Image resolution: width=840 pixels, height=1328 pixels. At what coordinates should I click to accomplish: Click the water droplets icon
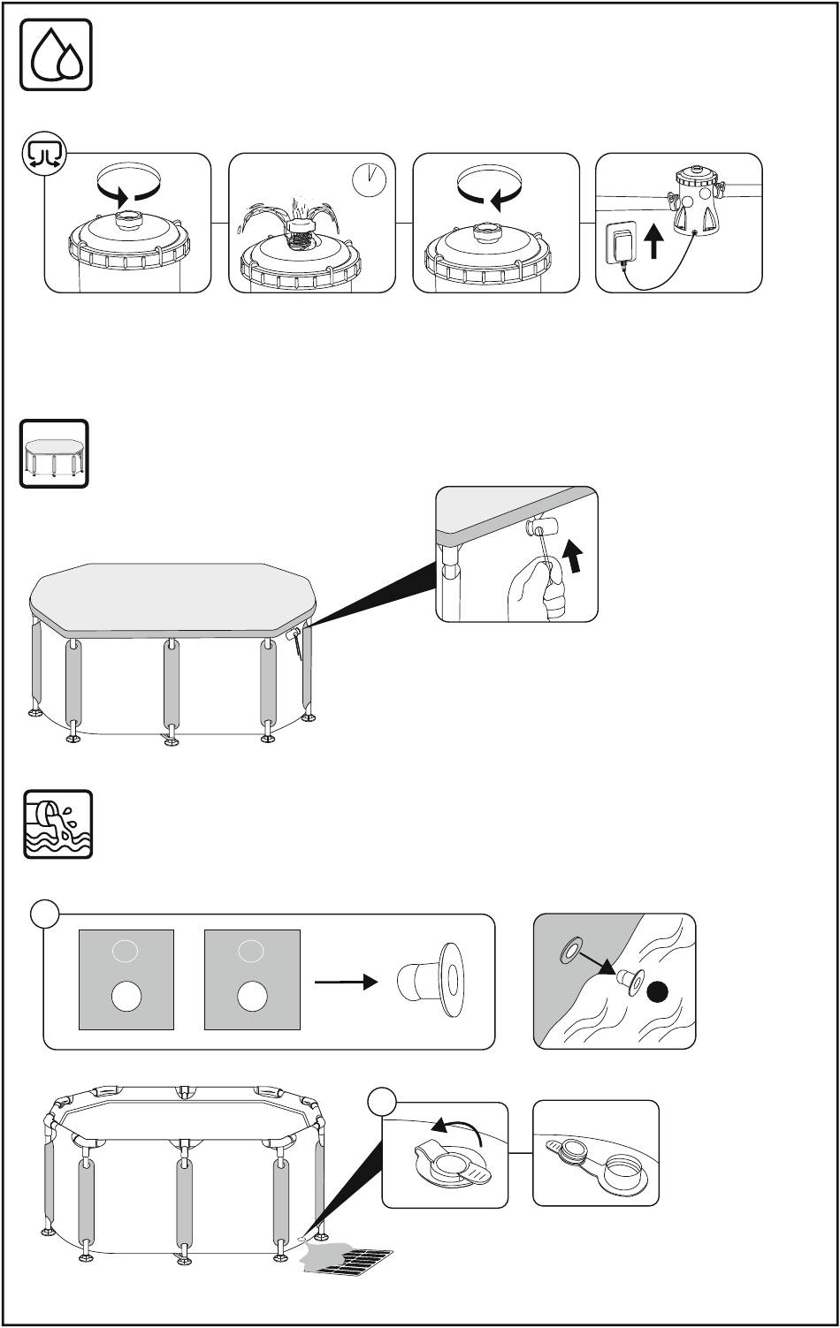point(56,54)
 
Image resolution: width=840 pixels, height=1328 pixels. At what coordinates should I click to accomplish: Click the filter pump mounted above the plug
point(699,200)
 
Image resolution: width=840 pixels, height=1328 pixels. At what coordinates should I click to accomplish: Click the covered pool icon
point(54,453)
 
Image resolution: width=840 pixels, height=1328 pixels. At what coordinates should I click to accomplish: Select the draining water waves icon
point(57,824)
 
